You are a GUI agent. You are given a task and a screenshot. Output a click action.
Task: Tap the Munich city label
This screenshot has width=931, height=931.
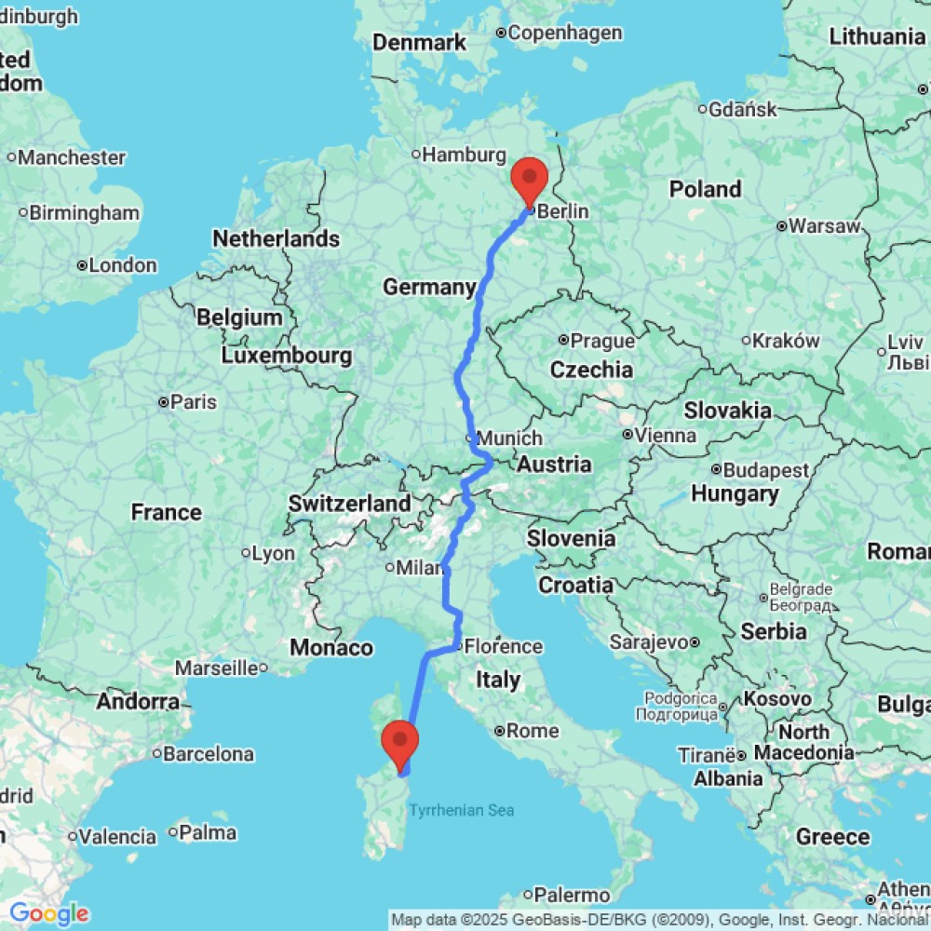508,438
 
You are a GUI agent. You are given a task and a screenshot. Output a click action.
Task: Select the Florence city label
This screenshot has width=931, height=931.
503,646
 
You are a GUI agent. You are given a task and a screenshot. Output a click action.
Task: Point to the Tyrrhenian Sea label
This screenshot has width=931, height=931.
462,810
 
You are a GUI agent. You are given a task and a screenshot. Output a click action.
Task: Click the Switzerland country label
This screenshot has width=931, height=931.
349,504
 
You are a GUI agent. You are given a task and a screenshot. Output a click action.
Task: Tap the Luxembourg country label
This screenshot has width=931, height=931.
287,356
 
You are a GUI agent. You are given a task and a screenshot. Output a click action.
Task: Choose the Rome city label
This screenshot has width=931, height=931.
533,731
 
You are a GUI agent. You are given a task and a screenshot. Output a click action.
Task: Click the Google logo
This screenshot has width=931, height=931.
48,913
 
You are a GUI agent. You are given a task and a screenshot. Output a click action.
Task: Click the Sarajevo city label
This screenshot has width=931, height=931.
648,641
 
